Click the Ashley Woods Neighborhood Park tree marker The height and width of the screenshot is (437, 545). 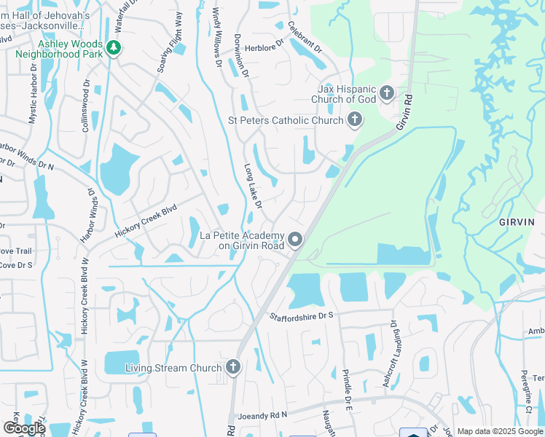point(113,48)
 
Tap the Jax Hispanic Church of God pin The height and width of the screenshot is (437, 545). point(387,92)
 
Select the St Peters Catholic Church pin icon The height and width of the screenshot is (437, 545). point(355,119)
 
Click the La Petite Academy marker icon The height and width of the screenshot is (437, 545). point(295,239)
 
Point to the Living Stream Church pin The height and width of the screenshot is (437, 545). point(233,367)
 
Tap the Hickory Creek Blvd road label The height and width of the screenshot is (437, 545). point(146,221)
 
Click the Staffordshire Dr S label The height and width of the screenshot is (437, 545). point(301,315)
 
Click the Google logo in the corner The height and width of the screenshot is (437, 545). point(24,428)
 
